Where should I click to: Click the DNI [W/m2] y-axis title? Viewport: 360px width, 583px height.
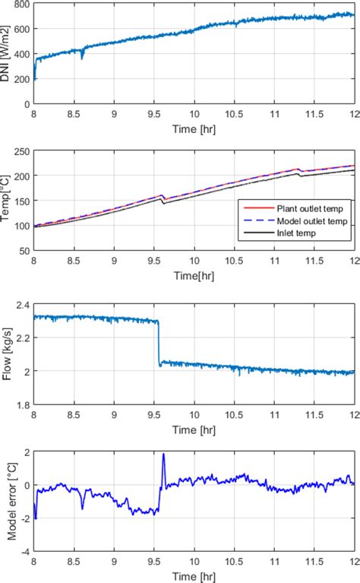tap(8, 53)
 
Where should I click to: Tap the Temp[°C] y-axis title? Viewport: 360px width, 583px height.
tap(8, 200)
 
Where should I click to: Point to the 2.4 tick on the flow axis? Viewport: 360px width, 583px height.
tap(24, 304)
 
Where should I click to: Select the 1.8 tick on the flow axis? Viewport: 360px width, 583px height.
tap(24, 404)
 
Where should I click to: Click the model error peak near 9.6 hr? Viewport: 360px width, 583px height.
tap(163, 455)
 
